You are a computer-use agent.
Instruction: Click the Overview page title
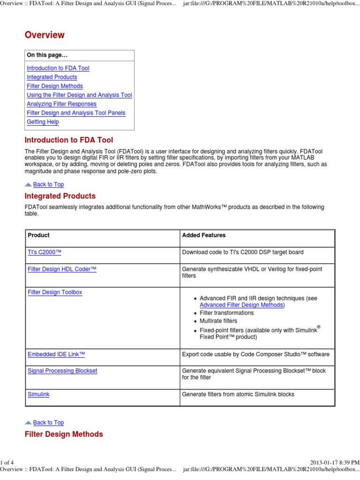(45, 35)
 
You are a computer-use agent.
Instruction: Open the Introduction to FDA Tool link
(58, 68)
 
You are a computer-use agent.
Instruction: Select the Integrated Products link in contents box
(52, 77)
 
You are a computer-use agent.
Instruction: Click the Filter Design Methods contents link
(54, 86)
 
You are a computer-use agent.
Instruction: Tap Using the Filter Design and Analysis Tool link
(79, 95)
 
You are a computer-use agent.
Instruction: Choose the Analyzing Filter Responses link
(61, 104)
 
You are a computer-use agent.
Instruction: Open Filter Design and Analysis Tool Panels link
(76, 113)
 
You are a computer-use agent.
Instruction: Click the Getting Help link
(43, 122)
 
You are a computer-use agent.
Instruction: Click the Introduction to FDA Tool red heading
(68, 140)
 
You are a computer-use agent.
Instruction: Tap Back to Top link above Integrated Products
(48, 185)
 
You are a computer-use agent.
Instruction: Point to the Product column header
(38, 235)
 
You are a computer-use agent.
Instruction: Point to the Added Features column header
(203, 235)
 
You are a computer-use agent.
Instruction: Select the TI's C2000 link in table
(45, 253)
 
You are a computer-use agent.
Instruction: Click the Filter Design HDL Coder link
(62, 269)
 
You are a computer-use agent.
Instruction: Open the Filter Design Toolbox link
(55, 292)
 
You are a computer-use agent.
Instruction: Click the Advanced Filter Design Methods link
(241, 305)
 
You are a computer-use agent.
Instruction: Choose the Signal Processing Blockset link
(62, 371)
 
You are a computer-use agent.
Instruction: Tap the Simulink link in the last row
(38, 395)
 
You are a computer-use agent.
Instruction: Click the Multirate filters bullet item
(218, 321)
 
